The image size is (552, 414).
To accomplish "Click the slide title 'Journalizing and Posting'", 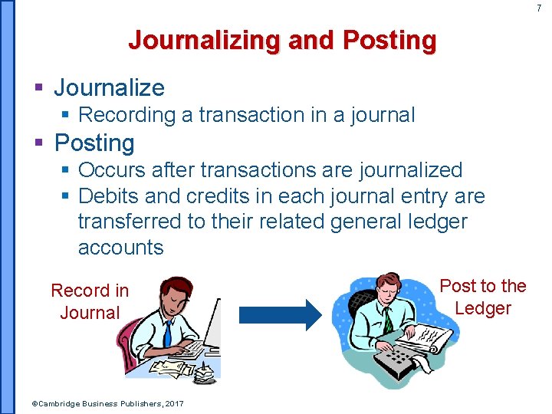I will [282, 40].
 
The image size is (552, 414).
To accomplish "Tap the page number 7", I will [538, 8].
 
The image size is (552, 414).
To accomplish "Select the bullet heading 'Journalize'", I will [109, 87].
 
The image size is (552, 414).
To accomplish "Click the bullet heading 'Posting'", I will [94, 143].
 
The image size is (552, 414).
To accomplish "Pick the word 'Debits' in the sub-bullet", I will [108, 196].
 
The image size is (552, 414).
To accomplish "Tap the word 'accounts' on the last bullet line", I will [120, 248].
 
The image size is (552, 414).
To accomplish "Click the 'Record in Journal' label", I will [90, 301].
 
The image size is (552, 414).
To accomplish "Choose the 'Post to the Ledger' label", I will [482, 297].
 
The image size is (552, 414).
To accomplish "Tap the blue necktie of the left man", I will [167, 333].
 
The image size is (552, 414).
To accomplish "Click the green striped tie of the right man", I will [388, 319].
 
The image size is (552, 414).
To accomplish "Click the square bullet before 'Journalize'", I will [38, 88].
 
